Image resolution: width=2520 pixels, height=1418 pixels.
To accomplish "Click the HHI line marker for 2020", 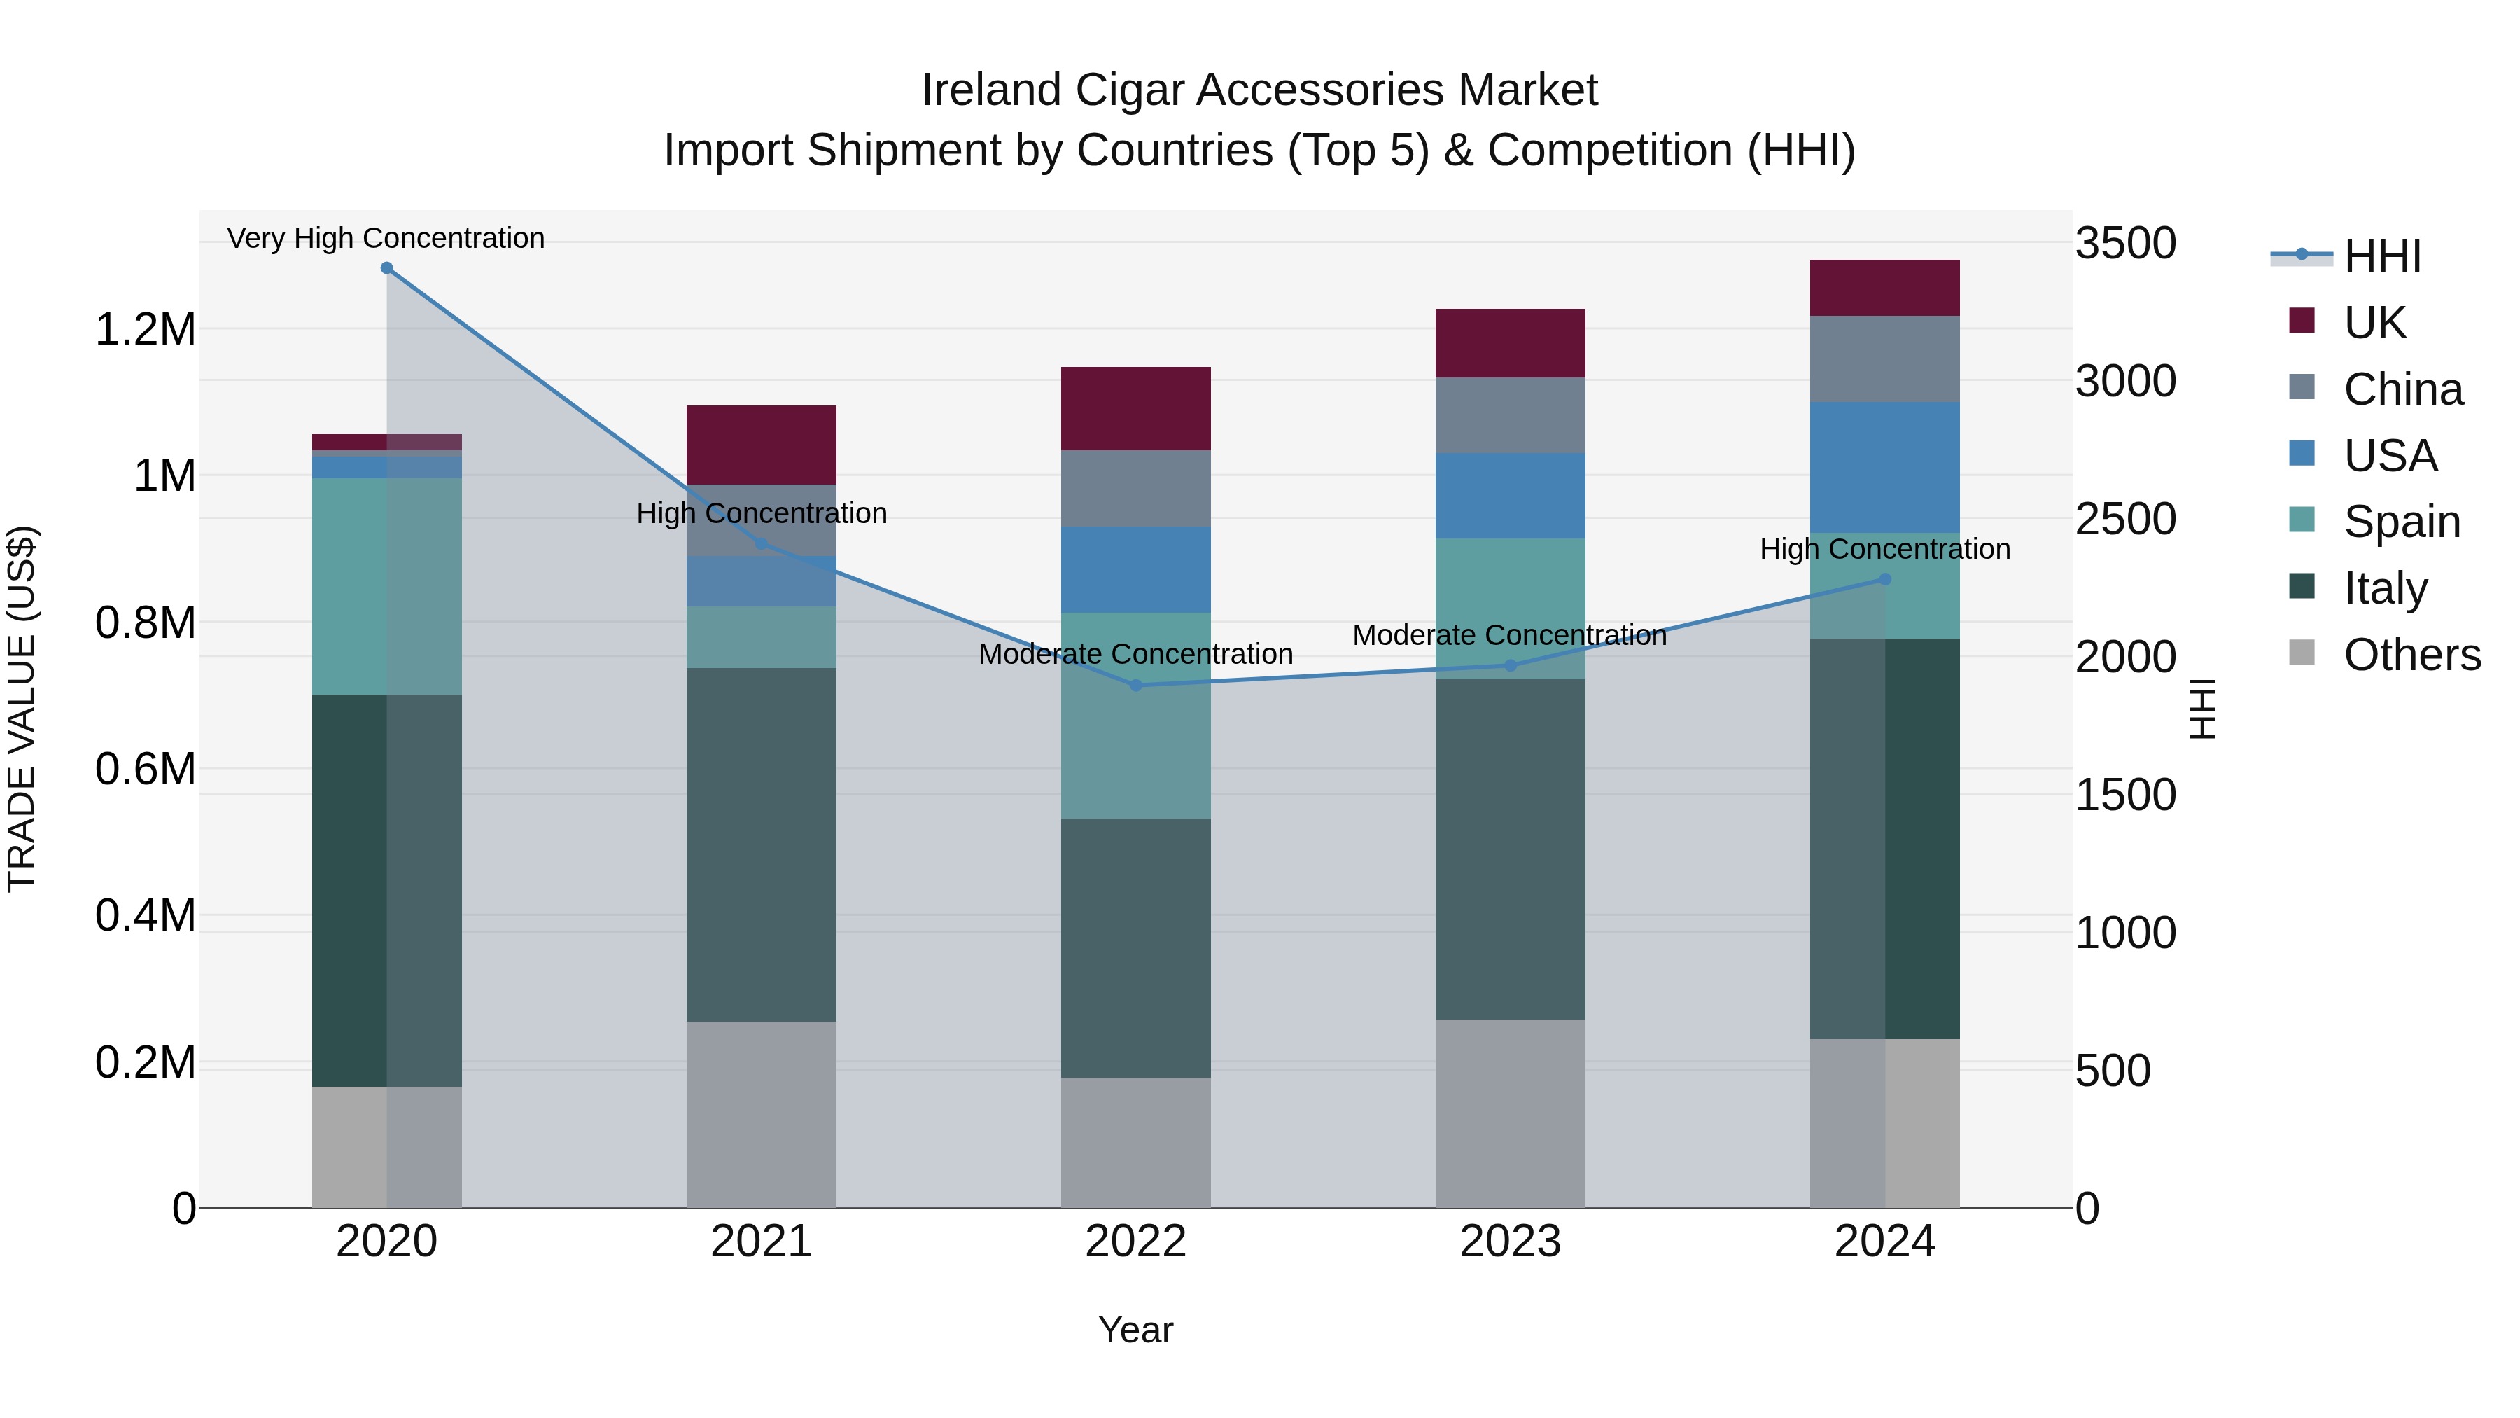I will pos(386,268).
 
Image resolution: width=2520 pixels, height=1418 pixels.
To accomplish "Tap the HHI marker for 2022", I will pos(1136,685).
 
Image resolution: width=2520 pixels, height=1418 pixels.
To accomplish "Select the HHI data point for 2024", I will pos(1885,579).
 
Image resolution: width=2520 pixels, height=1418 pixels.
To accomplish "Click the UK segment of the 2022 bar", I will pos(1136,408).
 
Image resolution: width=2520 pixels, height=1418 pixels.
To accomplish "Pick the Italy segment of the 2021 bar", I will pos(761,844).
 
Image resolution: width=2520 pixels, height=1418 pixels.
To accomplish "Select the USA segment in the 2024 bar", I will pos(1885,467).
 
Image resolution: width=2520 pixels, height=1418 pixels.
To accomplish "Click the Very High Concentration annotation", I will pos(386,238).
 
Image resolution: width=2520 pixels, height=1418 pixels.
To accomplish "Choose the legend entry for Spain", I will pos(2401,522).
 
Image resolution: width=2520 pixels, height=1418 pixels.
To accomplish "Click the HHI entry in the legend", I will pos(2381,256).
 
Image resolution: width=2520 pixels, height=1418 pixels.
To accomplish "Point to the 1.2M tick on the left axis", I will pos(145,330).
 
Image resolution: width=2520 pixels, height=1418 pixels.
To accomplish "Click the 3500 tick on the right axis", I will pos(2124,244).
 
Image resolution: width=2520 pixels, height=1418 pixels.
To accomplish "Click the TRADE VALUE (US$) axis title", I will pos(22,709).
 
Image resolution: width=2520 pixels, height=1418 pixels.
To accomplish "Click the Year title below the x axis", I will pos(1136,1330).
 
